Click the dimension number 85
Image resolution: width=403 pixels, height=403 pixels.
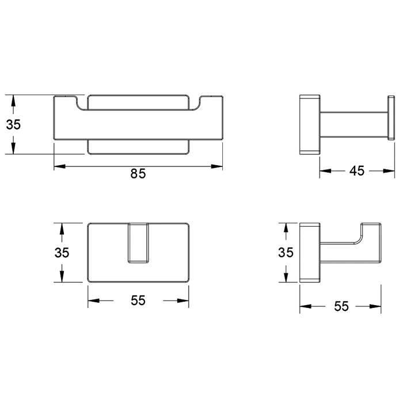tap(138, 173)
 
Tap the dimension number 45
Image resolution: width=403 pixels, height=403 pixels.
tap(357, 170)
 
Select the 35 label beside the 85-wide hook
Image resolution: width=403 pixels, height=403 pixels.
tap(13, 124)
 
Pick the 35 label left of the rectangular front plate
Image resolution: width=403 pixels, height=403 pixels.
tap(62, 252)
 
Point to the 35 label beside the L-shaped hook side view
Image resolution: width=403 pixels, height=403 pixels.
tap(286, 252)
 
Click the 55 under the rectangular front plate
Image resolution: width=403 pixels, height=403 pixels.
tap(138, 300)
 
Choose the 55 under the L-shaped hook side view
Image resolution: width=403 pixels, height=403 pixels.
tap(341, 306)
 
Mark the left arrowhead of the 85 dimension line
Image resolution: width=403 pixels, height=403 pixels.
tap(60, 166)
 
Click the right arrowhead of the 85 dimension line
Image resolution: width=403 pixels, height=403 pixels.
tap(216, 166)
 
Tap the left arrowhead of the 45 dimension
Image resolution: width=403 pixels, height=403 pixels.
tap(325, 171)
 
